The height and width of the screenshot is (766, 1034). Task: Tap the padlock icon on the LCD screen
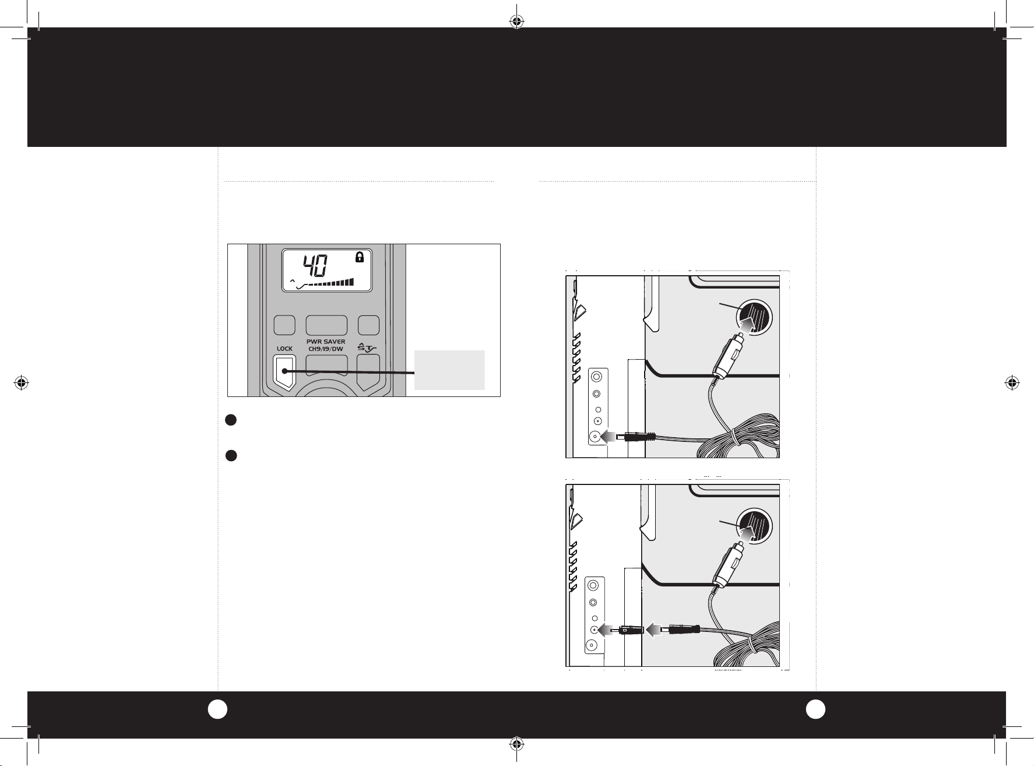tap(359, 258)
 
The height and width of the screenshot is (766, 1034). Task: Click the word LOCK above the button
tap(284, 349)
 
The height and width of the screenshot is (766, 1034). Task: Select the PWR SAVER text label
tap(326, 342)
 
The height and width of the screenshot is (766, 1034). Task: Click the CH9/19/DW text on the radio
tap(326, 349)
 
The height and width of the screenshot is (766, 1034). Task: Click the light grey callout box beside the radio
tap(449, 370)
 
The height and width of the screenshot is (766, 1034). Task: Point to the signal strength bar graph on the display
tap(330, 283)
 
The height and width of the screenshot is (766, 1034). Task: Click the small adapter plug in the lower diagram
tap(627, 630)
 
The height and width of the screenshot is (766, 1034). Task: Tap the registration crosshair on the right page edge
tap(1012, 383)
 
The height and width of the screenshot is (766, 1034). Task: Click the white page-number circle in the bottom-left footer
tap(217, 708)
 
